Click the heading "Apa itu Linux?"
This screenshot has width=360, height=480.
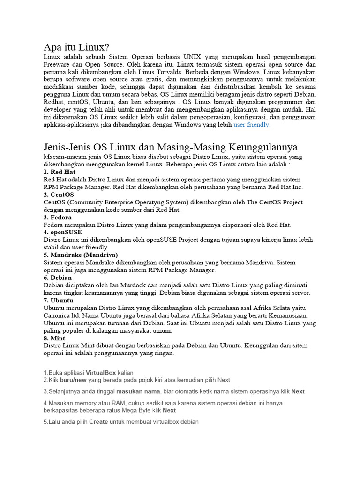coord(76,47)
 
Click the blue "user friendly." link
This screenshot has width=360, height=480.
coord(252,125)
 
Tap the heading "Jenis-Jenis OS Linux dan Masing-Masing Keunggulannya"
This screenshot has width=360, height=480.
coord(170,147)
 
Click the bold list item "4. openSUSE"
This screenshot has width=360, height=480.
coord(62,232)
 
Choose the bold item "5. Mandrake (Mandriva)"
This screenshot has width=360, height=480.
coord(81,255)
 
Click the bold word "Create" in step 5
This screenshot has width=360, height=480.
coord(98,422)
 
